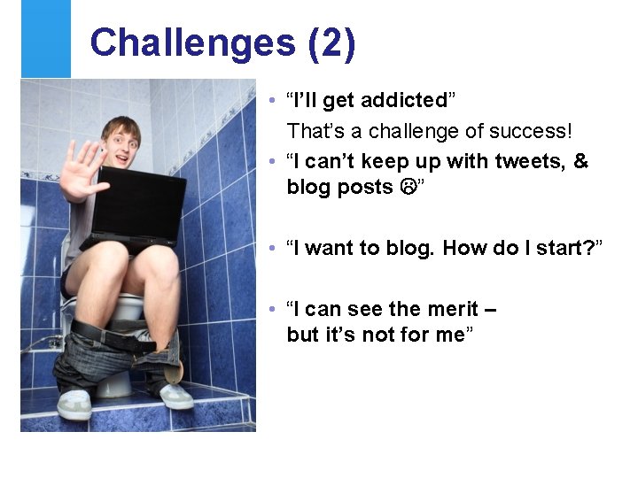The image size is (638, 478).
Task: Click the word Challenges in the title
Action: click(193, 43)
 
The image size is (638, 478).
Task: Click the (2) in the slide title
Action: click(332, 43)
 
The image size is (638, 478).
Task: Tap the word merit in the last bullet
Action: click(449, 309)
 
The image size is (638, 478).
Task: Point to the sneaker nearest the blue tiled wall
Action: click(175, 396)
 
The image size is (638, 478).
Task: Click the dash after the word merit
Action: click(491, 309)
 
